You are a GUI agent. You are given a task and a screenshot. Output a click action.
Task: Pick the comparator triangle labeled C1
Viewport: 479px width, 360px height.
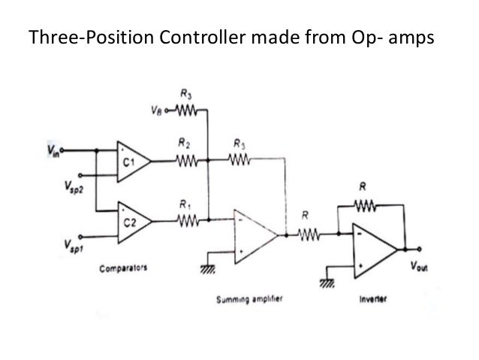[132, 160]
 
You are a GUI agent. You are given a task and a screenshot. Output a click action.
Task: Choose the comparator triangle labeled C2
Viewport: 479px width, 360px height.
[132, 221]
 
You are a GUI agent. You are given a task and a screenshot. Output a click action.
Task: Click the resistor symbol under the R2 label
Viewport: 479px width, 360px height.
[186, 160]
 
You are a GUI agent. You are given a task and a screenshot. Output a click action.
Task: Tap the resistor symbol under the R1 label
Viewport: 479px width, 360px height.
[186, 221]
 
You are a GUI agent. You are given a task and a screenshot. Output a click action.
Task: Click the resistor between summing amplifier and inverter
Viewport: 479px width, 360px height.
[308, 236]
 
